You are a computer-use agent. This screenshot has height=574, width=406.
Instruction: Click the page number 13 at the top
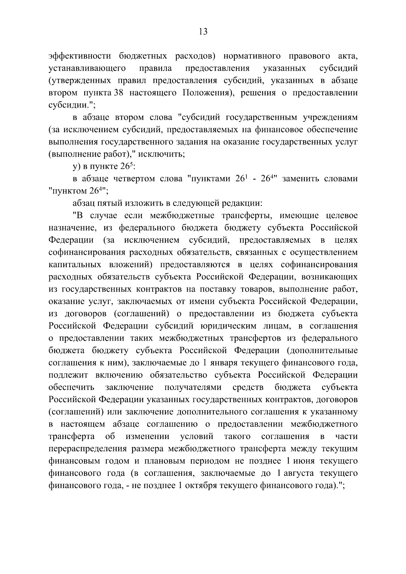203,32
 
